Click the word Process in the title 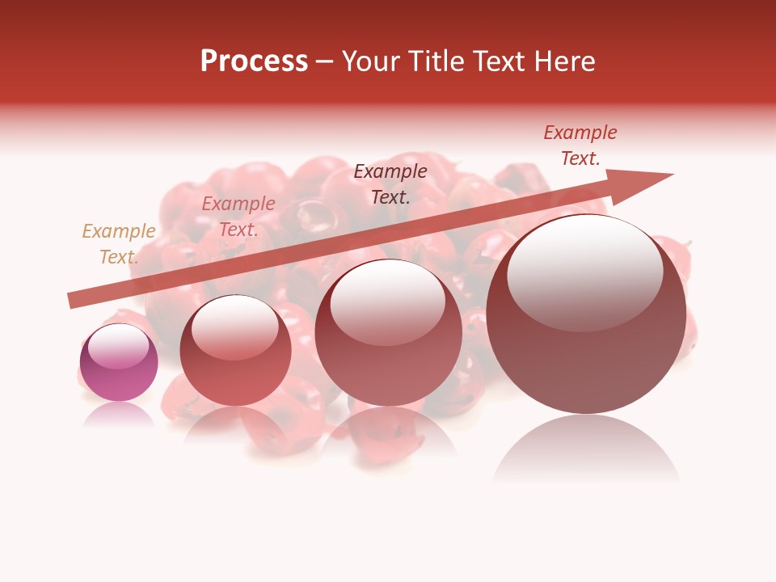point(254,61)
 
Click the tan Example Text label point(119,244)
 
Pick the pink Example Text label point(238,217)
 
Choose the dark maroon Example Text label point(390,183)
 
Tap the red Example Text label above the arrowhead point(580,145)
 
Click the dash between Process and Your point(324,61)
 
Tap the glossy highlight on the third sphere point(387,301)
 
